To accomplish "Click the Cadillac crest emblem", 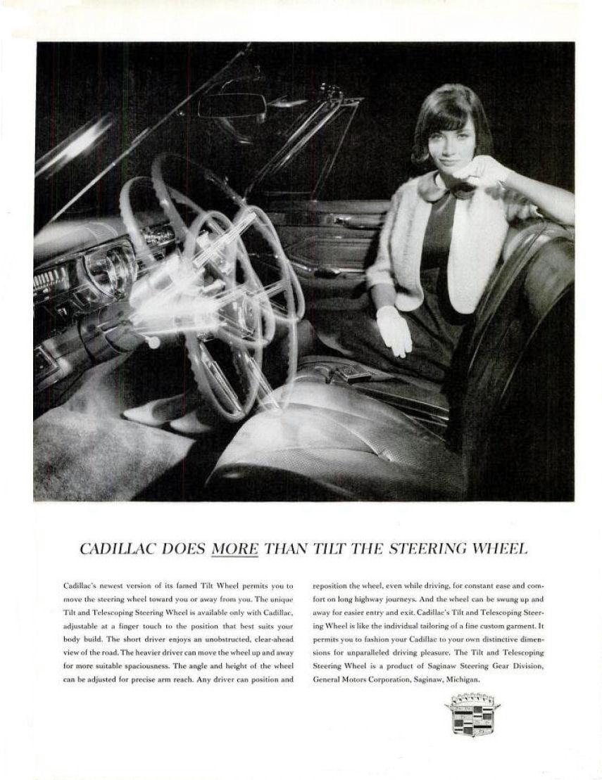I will pyautogui.click(x=472, y=713).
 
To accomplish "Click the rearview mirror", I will pyautogui.click(x=232, y=106).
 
